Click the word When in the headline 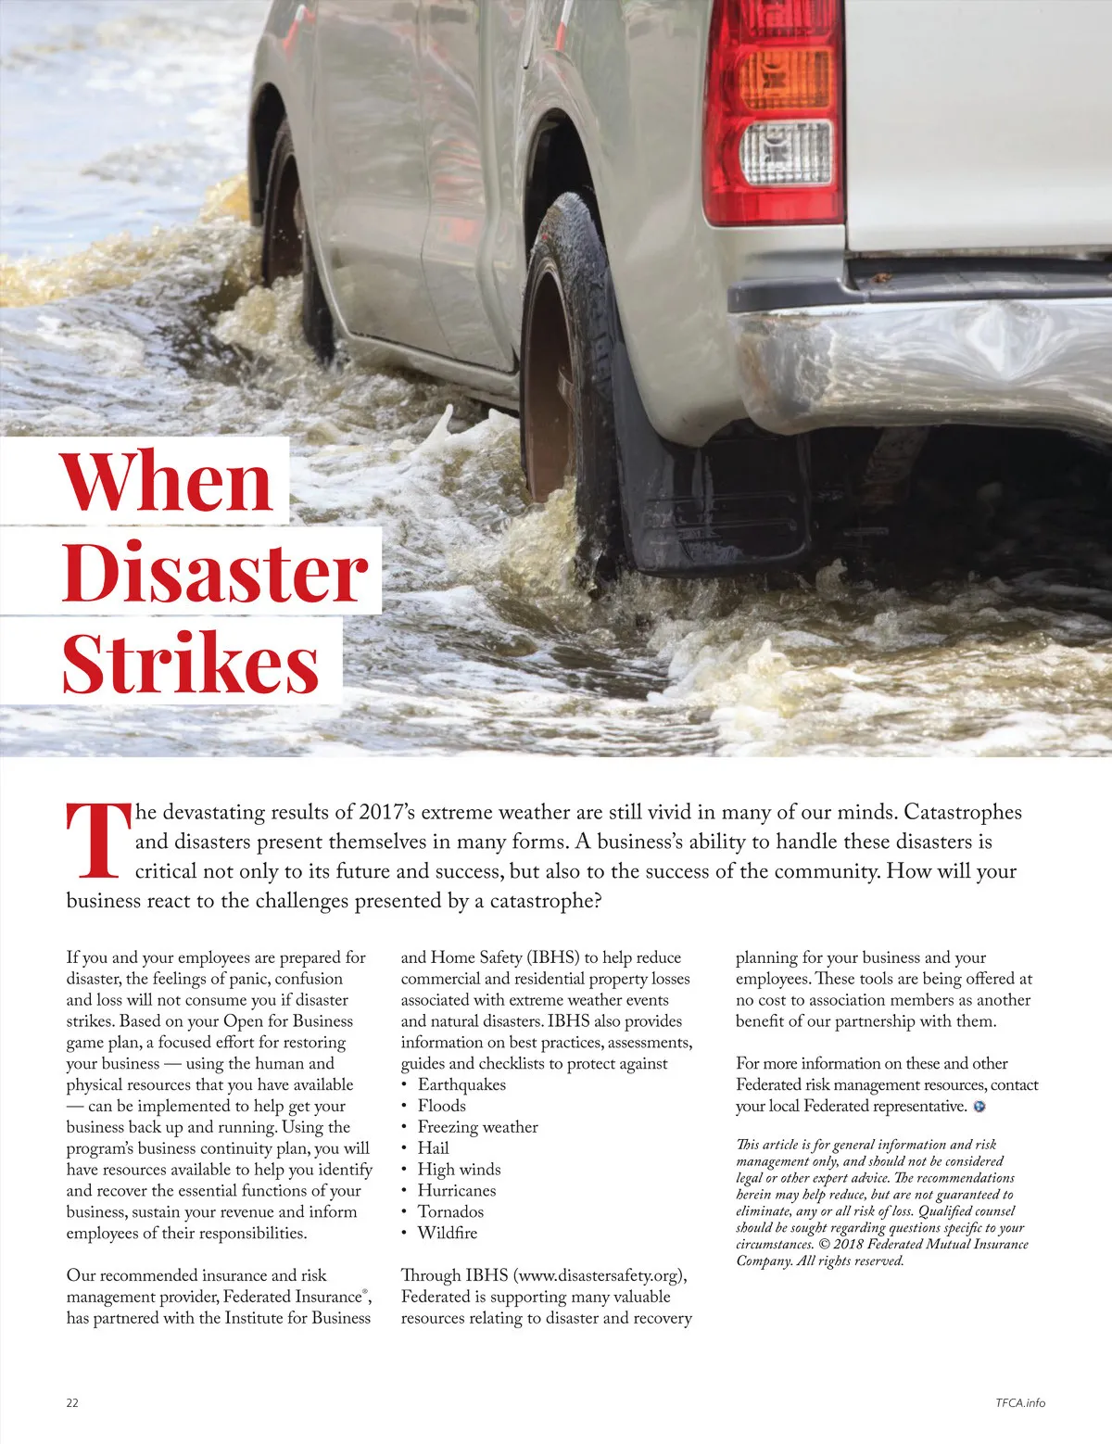point(167,482)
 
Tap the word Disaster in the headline point(215,572)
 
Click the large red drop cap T point(96,841)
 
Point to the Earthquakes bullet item point(461,1084)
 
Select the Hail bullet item point(433,1147)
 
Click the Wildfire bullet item point(448,1233)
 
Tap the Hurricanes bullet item point(457,1190)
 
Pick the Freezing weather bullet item point(477,1127)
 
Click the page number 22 point(72,1402)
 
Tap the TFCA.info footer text point(1014,1402)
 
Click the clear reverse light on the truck point(787,153)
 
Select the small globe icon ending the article point(979,1107)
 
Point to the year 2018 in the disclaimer point(849,1244)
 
